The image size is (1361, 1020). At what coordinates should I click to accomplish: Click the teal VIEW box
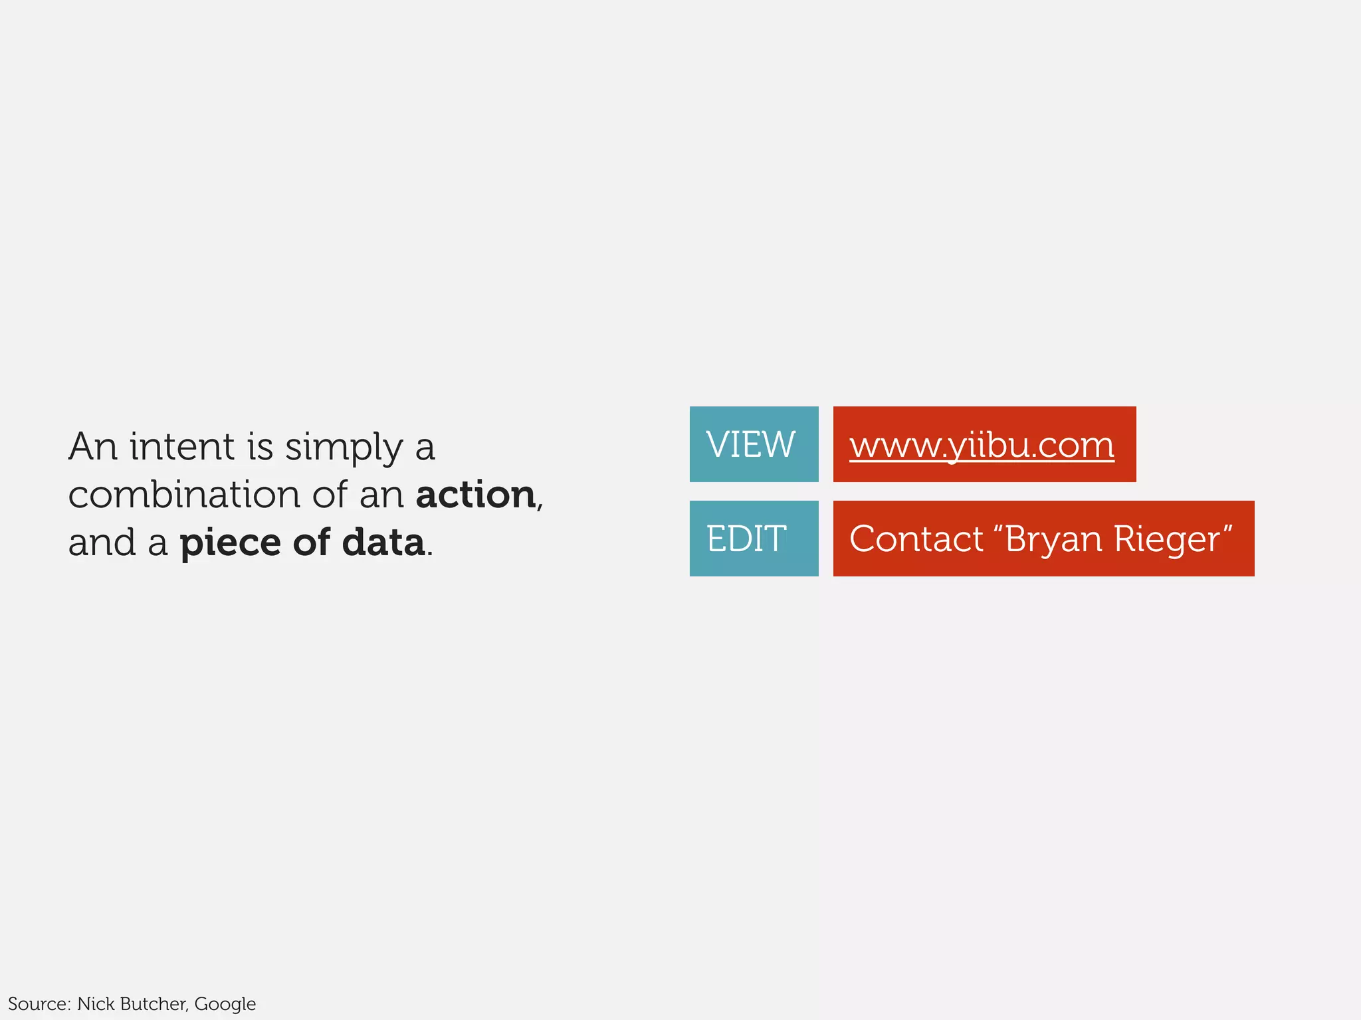pyautogui.click(x=754, y=444)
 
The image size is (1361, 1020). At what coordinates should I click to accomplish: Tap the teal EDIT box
pyautogui.click(x=754, y=539)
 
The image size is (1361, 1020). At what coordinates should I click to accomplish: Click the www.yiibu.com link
pyautogui.click(x=982, y=445)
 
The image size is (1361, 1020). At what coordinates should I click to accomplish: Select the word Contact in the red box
pyautogui.click(x=916, y=539)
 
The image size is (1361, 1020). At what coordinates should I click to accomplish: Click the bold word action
pyautogui.click(x=476, y=495)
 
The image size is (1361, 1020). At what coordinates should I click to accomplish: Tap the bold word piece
pyautogui.click(x=231, y=543)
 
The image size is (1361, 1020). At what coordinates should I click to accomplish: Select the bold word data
pyautogui.click(x=383, y=542)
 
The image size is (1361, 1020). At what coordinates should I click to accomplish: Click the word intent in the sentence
pyautogui.click(x=182, y=446)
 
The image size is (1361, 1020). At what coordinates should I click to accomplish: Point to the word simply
pyautogui.click(x=344, y=448)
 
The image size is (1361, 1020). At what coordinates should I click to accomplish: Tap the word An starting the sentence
pyautogui.click(x=93, y=446)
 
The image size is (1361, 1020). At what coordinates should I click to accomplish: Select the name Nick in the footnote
pyautogui.click(x=96, y=1003)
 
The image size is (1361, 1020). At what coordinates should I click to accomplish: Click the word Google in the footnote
pyautogui.click(x=225, y=1004)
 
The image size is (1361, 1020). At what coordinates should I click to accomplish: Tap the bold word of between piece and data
pyautogui.click(x=312, y=542)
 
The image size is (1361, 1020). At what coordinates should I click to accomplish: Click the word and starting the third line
pyautogui.click(x=102, y=543)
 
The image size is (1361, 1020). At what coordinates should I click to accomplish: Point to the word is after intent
pyautogui.click(x=260, y=446)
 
